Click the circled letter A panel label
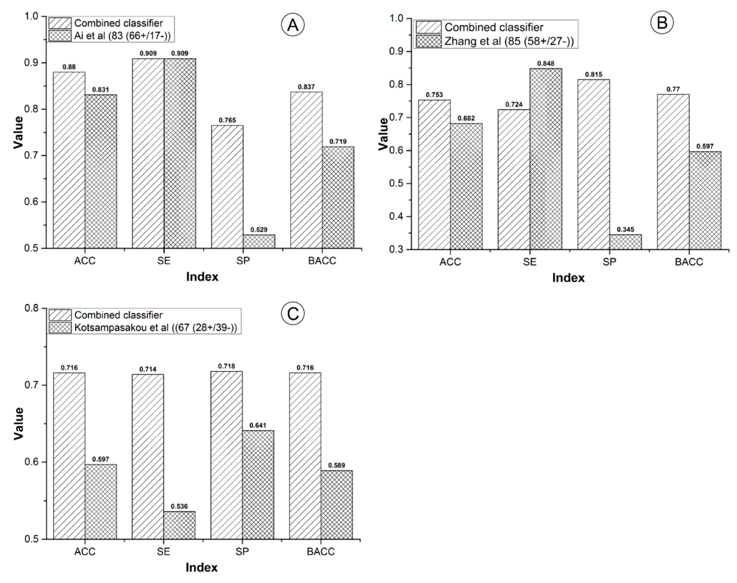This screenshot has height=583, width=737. [293, 25]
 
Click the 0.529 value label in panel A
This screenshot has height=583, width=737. [259, 230]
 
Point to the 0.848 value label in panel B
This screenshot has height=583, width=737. [546, 64]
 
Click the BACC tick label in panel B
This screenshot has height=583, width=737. [689, 262]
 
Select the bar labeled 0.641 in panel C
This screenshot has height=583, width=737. [258, 485]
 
